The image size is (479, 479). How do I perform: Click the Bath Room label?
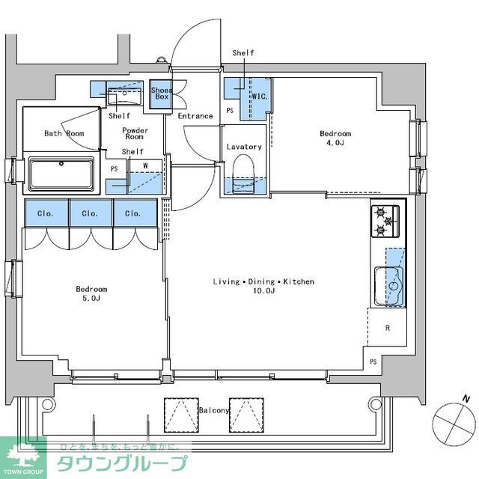(x=64, y=134)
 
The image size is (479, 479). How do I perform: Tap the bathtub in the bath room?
(x=61, y=174)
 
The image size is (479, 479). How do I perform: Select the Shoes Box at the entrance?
(x=161, y=94)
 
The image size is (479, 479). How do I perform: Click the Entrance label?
(x=195, y=116)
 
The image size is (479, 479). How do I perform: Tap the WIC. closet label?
(x=260, y=97)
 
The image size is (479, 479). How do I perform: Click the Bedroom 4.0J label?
(x=335, y=138)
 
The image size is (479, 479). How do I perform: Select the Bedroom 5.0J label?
(x=91, y=293)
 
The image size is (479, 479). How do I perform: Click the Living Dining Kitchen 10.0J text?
(x=263, y=286)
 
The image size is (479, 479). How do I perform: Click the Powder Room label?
(x=135, y=134)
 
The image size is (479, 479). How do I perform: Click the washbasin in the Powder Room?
(x=124, y=97)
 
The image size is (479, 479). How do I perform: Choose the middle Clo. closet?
(x=90, y=213)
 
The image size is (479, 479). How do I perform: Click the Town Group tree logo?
(x=22, y=456)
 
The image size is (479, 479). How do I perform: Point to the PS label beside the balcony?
(x=373, y=362)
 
